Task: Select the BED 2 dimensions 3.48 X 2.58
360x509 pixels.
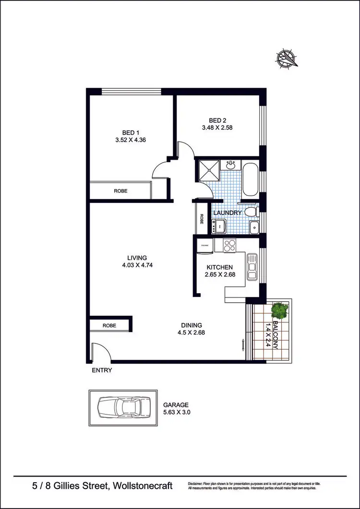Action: click(217, 128)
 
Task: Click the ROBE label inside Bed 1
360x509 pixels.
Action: click(120, 191)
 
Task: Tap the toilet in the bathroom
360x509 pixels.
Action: click(251, 211)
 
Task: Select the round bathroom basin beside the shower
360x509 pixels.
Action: click(231, 165)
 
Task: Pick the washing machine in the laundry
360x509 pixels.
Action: click(220, 225)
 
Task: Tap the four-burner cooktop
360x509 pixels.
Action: click(230, 245)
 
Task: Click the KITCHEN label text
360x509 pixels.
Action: click(219, 267)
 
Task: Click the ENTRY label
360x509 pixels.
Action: click(101, 370)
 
